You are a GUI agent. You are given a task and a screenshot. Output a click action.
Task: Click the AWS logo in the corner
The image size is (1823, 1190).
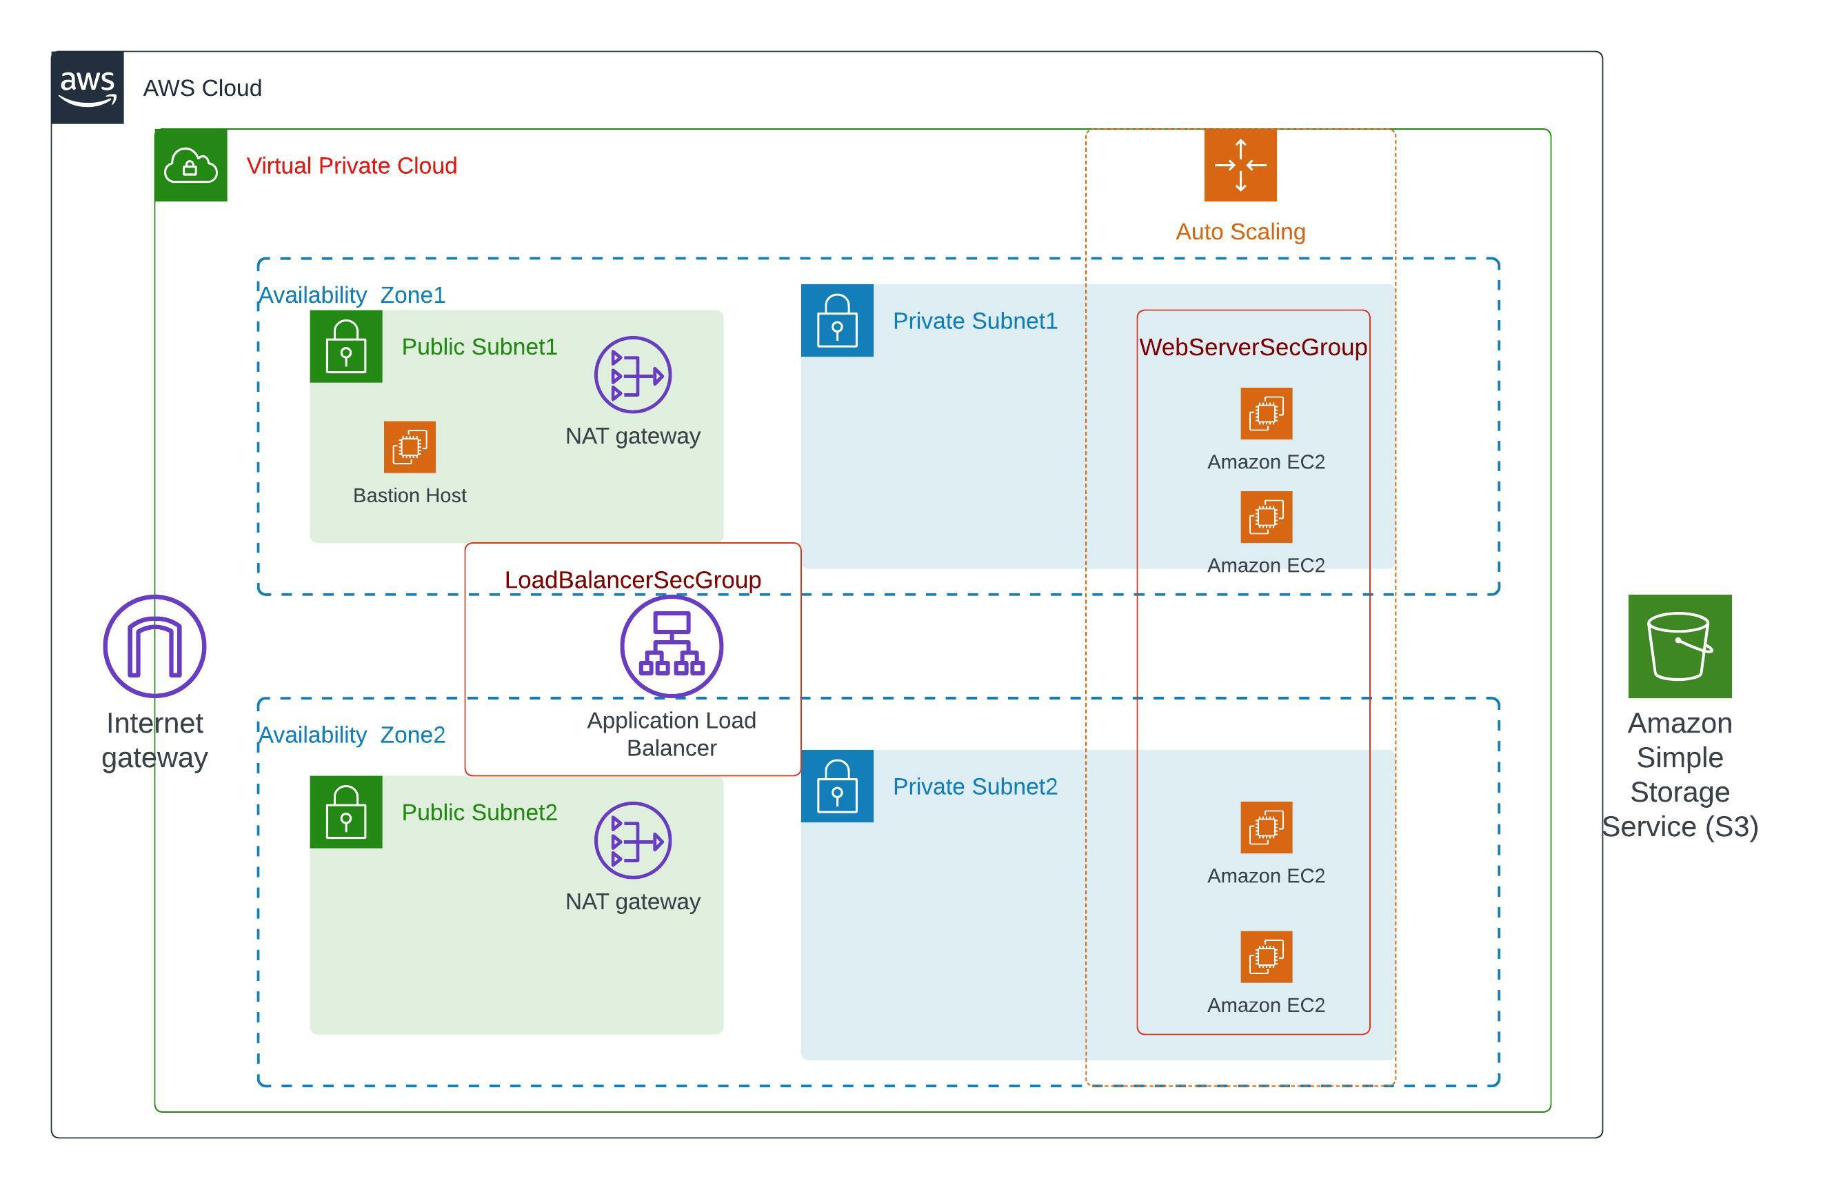coord(88,88)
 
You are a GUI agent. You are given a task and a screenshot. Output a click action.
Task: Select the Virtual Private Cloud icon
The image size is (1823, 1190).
coord(191,165)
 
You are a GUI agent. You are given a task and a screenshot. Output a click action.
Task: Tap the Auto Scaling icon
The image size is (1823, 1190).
coord(1240,165)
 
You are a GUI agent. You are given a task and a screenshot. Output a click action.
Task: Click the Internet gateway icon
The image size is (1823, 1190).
coord(154,646)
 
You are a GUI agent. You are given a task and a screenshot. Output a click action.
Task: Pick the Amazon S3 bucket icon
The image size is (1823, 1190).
coord(1680,646)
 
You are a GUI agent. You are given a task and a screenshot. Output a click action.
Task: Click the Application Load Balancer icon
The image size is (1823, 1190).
coord(671,646)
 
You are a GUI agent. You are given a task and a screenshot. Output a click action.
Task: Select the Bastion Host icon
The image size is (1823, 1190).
coord(410,447)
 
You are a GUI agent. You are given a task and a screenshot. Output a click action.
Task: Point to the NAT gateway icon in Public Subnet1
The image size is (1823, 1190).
coord(633,375)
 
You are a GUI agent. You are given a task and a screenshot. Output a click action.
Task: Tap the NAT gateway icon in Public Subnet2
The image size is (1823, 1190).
coord(633,840)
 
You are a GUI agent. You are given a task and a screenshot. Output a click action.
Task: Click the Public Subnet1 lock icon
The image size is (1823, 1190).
coord(345,346)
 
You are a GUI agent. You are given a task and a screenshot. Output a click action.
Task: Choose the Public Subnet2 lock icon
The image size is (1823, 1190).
coord(345,811)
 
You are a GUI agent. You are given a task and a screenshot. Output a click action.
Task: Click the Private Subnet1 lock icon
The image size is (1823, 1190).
coord(836,320)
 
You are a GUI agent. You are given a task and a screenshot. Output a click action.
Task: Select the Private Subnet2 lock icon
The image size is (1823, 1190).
coord(836,786)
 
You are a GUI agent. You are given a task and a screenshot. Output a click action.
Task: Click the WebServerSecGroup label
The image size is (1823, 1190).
coord(1253,347)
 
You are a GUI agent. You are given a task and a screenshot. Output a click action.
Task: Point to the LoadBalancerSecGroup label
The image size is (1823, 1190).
coord(633,580)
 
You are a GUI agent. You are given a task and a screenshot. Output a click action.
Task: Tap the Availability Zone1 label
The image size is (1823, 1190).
coord(352,295)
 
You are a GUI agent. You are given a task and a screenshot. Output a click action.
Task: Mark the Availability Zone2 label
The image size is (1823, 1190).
coord(352,735)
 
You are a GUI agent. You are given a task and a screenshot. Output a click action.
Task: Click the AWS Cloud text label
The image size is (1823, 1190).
coord(202,88)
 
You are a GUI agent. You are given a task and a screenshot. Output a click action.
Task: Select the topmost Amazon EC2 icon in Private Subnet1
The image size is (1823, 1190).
coord(1266,414)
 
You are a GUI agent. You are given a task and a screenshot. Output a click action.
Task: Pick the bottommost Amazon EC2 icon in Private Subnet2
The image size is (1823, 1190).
coord(1266,956)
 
